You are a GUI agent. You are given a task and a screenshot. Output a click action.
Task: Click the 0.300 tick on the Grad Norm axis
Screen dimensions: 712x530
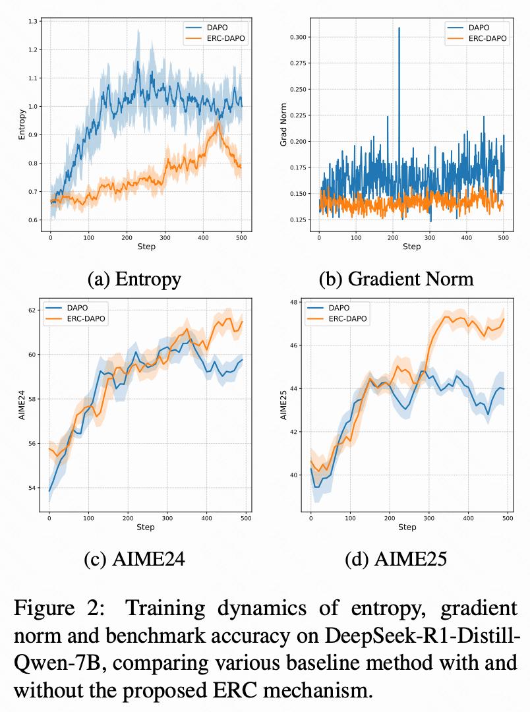point(298,37)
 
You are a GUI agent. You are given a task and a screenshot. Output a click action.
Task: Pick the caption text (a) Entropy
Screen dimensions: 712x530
point(134,279)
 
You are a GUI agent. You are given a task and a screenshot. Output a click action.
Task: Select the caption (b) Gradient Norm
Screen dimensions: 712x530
point(396,279)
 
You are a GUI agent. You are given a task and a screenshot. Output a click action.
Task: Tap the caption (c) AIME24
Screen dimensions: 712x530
point(134,560)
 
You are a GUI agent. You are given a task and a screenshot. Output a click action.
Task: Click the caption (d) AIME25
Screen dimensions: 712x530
point(396,560)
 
